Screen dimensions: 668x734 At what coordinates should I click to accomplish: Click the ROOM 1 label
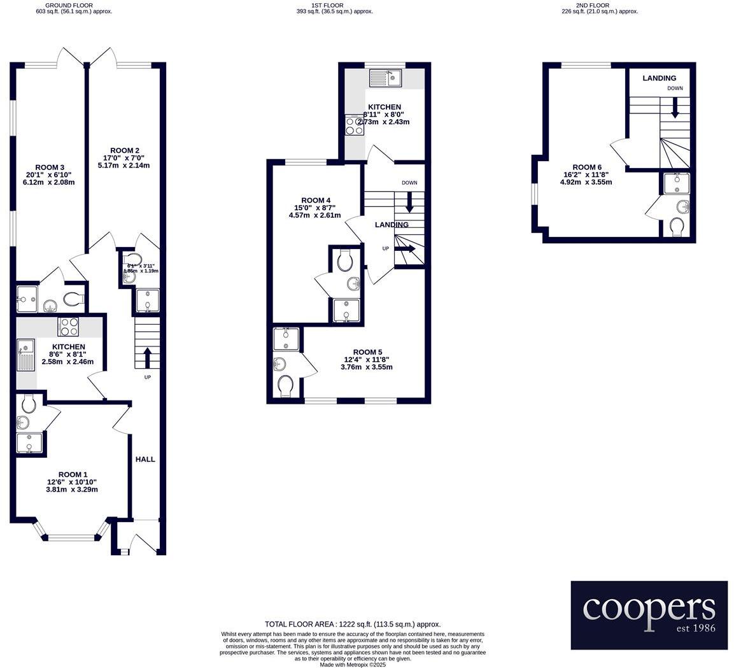coord(73,474)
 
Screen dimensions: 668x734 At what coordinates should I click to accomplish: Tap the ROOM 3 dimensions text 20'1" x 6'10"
coord(50,175)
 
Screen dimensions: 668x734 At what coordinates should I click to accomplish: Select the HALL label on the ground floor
coord(145,459)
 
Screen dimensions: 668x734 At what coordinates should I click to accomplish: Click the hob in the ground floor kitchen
coord(68,327)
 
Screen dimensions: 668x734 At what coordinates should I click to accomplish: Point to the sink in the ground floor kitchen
coord(26,355)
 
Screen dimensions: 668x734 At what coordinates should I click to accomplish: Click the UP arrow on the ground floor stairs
coord(147,357)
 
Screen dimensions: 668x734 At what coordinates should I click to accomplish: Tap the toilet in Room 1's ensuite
coord(28,403)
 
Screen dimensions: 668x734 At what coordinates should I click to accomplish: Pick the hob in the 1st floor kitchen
coord(354,125)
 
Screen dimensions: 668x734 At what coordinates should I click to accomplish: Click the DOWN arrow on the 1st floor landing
coord(409,202)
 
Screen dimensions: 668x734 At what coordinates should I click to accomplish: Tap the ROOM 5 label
coord(367,352)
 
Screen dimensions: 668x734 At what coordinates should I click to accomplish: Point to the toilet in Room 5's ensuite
coord(285,385)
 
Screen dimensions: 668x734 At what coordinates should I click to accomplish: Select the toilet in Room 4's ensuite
coord(346,260)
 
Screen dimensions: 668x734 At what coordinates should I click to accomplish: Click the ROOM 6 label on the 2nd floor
coord(586,167)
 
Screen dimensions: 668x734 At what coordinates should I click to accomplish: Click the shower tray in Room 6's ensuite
coord(675,183)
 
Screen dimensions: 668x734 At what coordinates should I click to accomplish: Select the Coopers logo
coord(649,615)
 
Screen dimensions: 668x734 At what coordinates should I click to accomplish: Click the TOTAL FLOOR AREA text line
coord(353,625)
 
